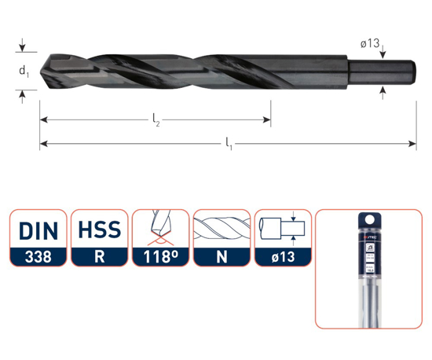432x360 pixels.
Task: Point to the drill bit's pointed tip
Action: [x=42, y=71]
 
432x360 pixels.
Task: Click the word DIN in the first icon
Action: [x=38, y=230]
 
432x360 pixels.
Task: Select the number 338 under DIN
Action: [x=38, y=256]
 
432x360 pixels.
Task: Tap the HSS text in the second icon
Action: [x=99, y=230]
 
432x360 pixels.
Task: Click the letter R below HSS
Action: [x=99, y=256]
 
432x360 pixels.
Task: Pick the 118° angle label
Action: [x=160, y=256]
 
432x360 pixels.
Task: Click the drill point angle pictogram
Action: [x=160, y=229]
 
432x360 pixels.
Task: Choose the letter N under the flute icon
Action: [x=222, y=256]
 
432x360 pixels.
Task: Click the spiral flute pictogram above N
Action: [x=222, y=229]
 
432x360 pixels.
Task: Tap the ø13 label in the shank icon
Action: [x=284, y=256]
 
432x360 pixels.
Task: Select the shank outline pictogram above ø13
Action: [x=284, y=229]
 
